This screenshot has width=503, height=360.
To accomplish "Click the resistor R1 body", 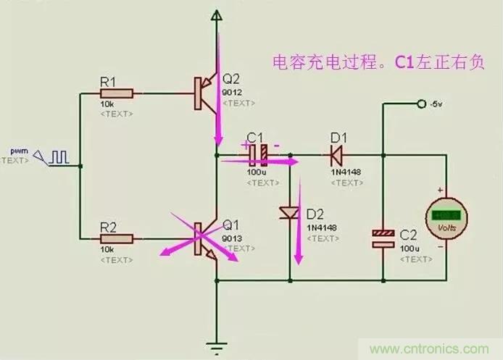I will point(118,93).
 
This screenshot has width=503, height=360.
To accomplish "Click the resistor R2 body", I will point(118,238).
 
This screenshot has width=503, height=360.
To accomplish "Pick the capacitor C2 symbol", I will point(382,239).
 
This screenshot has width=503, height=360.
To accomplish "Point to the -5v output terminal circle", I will point(421,104).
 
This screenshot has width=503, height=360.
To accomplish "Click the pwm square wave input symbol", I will point(59,155).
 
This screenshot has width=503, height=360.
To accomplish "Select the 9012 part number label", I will point(232,93).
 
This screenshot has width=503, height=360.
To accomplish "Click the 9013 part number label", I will point(232,237).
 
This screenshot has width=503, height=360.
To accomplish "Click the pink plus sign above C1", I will point(245,143).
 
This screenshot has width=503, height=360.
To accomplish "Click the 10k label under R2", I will point(107,249).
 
